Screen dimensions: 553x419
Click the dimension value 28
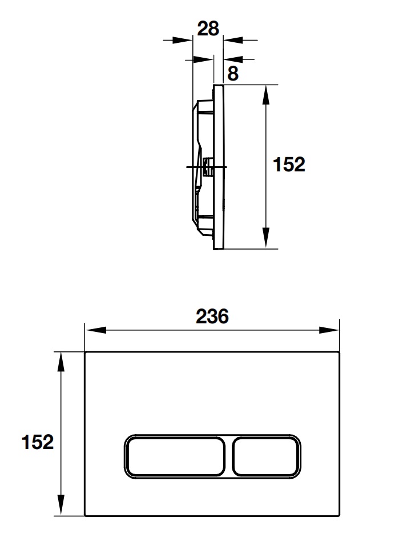point(208,28)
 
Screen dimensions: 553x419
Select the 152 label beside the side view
point(289,165)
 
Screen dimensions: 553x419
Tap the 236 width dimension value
point(212,315)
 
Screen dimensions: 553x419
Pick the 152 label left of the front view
point(38,442)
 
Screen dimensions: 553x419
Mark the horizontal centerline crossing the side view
point(194,167)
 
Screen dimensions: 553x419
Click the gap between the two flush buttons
point(231,456)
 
